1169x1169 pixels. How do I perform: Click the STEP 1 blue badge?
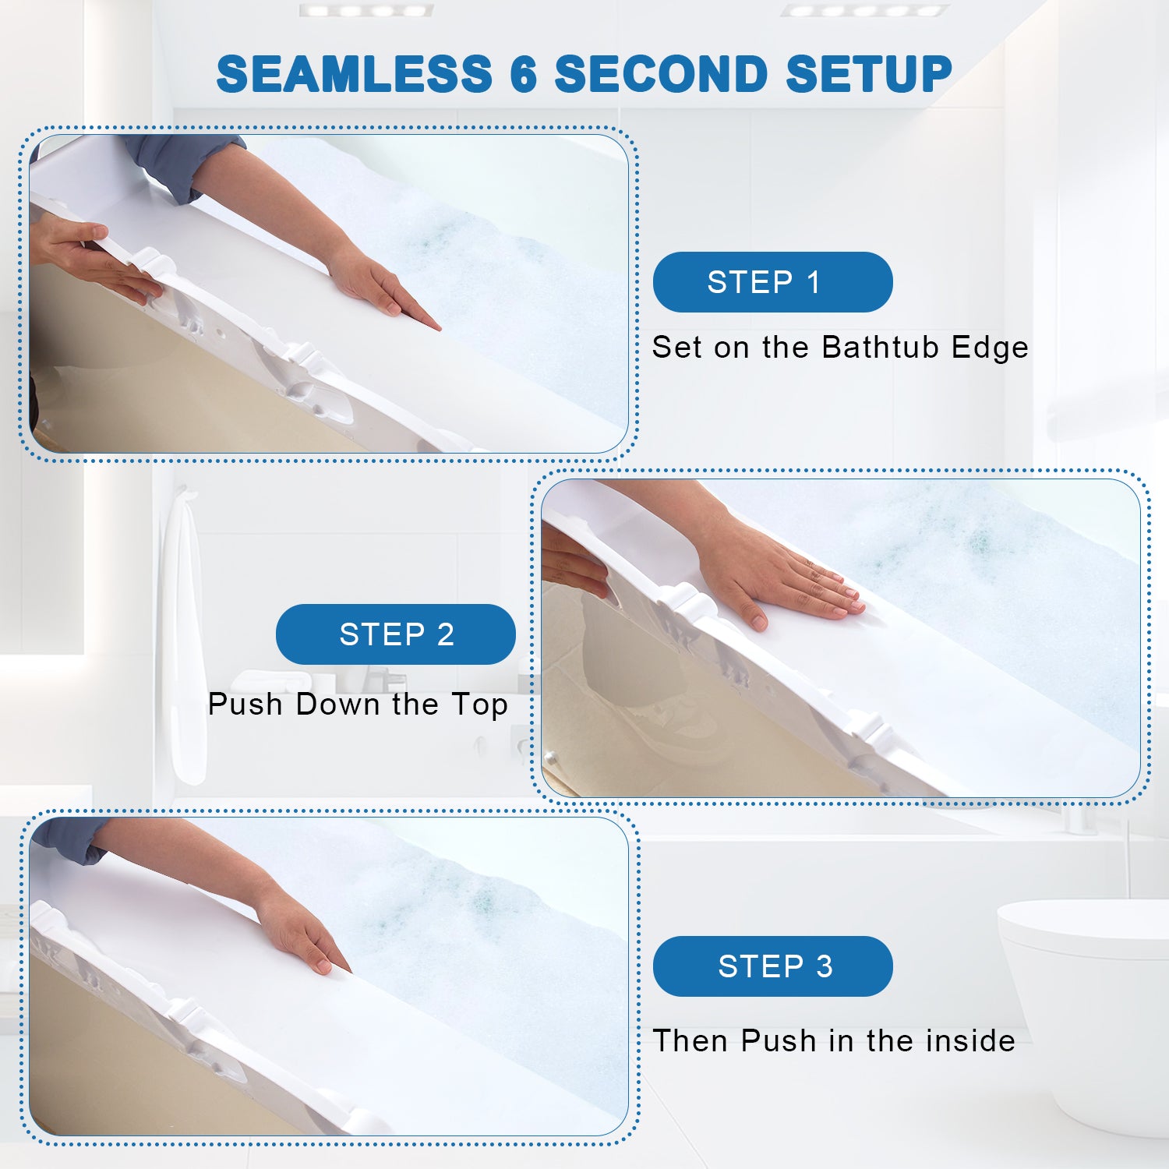point(772,282)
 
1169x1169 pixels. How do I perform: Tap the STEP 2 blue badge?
point(396,634)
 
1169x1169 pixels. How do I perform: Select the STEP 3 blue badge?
point(772,966)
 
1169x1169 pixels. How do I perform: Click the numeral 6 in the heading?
point(523,74)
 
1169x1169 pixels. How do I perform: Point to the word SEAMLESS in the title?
point(355,74)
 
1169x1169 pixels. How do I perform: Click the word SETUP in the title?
point(868,74)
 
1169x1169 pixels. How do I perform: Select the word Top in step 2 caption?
point(479,705)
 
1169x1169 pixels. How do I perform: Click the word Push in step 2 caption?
point(245,704)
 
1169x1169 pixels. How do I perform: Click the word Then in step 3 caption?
point(690,1040)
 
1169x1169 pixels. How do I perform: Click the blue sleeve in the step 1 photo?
point(187,164)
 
